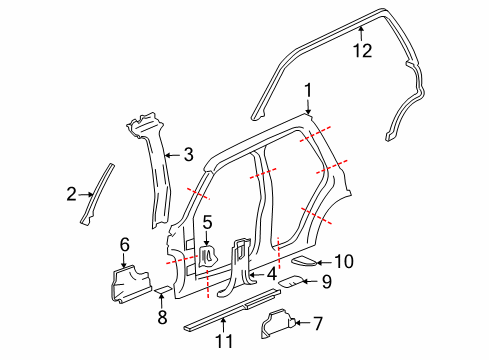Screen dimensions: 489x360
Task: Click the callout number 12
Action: [362, 51]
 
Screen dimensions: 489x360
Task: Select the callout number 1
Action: [308, 90]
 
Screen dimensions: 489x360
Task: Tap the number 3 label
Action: [189, 155]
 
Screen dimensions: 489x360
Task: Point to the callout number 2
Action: [71, 194]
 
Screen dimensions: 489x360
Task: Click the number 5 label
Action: [207, 222]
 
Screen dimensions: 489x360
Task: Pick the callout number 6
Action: [124, 245]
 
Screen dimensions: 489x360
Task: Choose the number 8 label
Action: [162, 317]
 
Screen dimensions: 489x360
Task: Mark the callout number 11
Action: [224, 341]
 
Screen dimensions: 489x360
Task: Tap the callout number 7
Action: [318, 324]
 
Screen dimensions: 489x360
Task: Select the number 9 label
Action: [327, 282]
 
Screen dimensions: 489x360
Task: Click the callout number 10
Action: [344, 261]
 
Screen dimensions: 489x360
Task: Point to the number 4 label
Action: [272, 274]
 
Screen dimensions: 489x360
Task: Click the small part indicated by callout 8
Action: [163, 289]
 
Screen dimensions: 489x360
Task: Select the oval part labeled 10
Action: [304, 261]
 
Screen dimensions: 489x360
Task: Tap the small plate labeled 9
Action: [291, 281]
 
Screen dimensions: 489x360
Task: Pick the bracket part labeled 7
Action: [277, 323]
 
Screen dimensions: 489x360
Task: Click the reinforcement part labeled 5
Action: [208, 256]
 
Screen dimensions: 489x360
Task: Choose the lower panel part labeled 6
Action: [130, 284]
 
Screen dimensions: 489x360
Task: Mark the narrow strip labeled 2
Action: [97, 194]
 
